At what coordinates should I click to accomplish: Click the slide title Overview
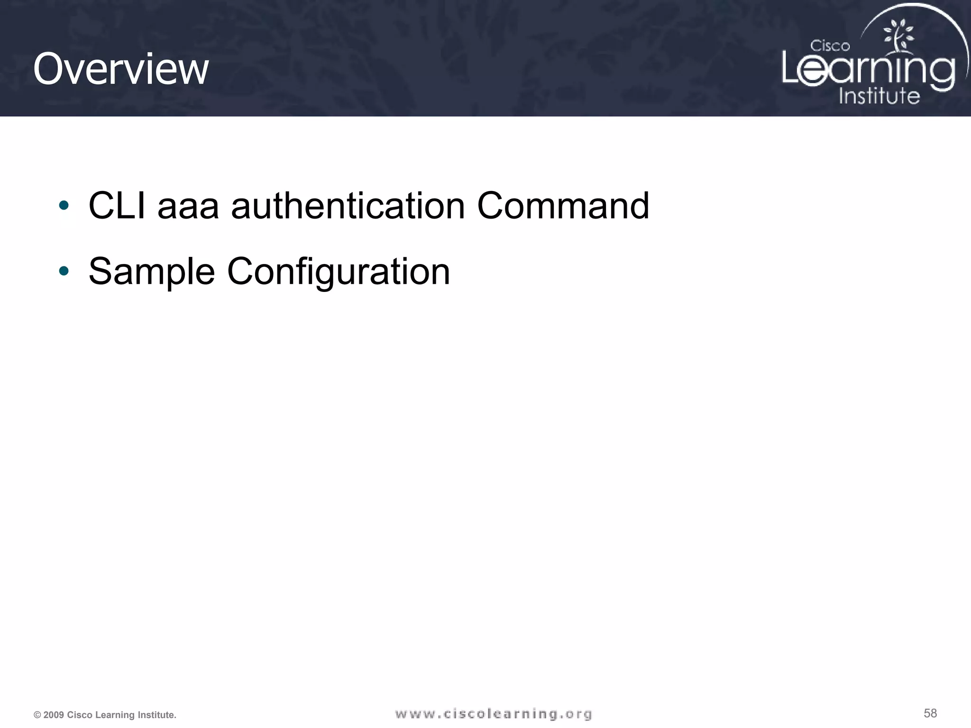[121, 69]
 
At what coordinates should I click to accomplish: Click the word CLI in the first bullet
[117, 206]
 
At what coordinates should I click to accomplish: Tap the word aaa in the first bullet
[188, 207]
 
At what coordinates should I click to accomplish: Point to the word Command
[563, 206]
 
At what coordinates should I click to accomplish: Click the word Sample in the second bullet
[152, 272]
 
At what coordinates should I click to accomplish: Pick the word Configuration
[339, 272]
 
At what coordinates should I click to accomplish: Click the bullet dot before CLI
[64, 206]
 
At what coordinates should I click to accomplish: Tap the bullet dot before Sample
[64, 271]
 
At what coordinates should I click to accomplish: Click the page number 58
[930, 713]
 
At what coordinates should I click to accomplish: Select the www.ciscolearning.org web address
[494, 714]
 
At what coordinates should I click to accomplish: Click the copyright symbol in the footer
[37, 715]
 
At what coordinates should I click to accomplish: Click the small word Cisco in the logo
[830, 46]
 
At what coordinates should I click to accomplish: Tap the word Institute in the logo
[879, 96]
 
